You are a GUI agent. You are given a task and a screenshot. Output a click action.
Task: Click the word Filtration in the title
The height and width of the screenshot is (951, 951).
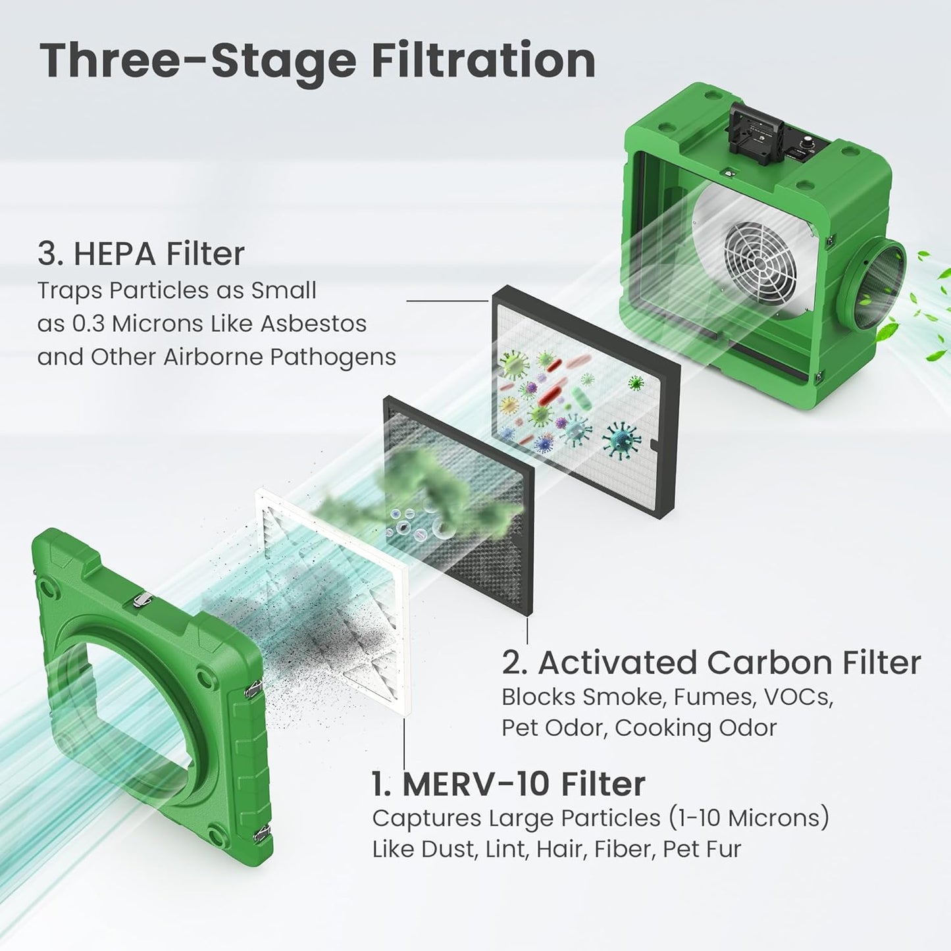click(x=483, y=61)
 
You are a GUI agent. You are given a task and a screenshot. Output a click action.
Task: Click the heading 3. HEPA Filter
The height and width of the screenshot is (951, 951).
click(x=141, y=253)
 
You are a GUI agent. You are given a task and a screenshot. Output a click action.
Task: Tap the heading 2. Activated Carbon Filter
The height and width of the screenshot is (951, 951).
click(x=711, y=662)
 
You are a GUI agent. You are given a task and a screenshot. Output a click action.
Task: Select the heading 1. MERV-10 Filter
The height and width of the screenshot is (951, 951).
click(x=508, y=784)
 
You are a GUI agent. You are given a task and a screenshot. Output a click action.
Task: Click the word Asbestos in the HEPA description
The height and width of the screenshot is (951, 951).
click(x=313, y=324)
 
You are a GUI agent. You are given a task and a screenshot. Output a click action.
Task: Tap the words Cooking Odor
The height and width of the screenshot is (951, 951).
click(x=696, y=727)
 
